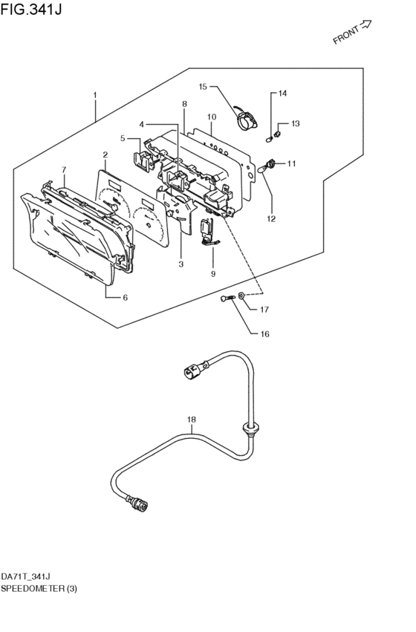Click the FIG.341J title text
[31, 9]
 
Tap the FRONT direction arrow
[365, 25]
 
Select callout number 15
[203, 87]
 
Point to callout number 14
[282, 94]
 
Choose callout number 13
[296, 123]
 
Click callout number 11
[291, 163]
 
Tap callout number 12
[271, 218]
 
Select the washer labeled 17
[241, 296]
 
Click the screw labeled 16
[227, 299]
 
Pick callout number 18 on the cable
[192, 420]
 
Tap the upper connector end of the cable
[193, 369]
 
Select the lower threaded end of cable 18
[137, 504]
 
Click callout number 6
[125, 298]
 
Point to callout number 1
[95, 96]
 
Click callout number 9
[213, 274]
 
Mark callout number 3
[181, 264]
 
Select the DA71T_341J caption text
[25, 577]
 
